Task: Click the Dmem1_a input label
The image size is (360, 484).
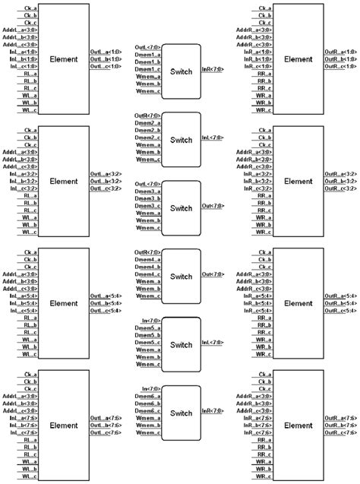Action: (146, 55)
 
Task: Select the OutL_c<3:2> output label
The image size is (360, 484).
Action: (105, 189)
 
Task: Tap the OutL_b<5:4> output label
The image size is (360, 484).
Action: (105, 303)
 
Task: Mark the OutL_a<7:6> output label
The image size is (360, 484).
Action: (105, 417)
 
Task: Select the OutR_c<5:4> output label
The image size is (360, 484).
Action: (340, 311)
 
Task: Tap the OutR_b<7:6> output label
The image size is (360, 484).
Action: (340, 425)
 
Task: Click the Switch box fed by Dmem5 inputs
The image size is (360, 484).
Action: (182, 345)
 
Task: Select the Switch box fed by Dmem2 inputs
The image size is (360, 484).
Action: (182, 140)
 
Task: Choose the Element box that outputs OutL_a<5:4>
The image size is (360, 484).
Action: (64, 303)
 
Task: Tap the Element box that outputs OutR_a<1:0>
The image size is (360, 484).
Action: (298, 59)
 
